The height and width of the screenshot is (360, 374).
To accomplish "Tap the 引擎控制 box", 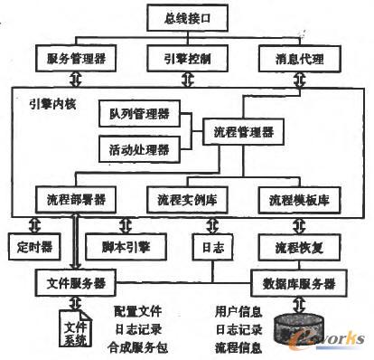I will tap(186, 60).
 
